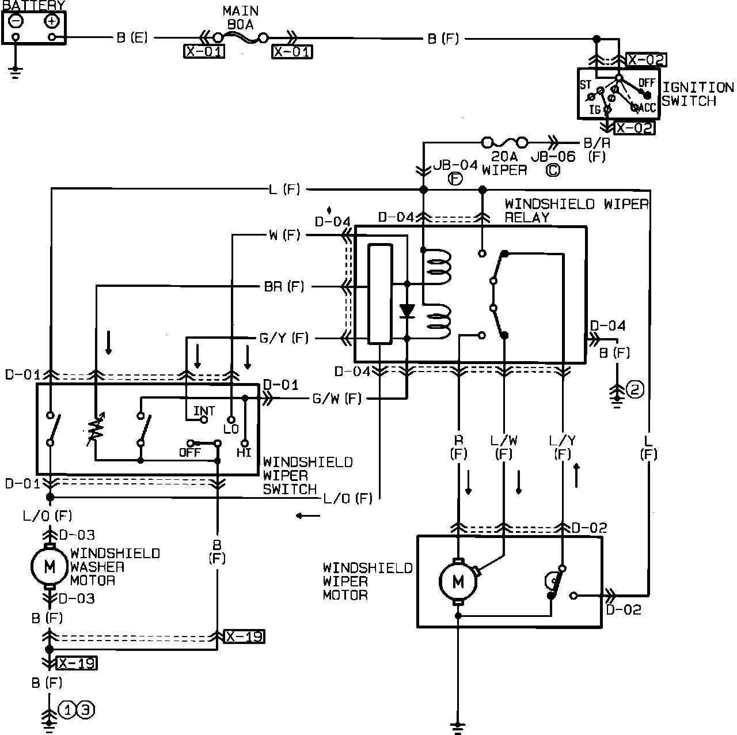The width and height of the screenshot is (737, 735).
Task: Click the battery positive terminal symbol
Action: point(52,21)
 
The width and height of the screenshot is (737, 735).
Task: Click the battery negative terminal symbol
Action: point(16,21)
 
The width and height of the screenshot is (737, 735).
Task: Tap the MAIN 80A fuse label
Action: point(240,18)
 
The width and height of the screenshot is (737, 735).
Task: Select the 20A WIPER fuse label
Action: point(504,163)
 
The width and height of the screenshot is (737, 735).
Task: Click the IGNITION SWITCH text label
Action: point(697,94)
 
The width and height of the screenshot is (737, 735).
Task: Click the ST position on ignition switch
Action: point(586,85)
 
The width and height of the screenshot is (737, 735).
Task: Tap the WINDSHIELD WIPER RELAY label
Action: point(576,210)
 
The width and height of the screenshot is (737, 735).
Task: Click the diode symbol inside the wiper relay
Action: point(408,311)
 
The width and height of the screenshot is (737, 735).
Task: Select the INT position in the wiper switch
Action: point(204,411)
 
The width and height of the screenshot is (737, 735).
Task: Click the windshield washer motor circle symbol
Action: point(50,567)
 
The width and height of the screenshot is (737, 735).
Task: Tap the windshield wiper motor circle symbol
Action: point(458,582)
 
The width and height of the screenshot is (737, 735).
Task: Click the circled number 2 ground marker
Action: point(635,390)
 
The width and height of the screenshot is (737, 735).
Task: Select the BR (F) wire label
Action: point(284,286)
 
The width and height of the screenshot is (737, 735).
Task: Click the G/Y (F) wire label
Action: point(283,338)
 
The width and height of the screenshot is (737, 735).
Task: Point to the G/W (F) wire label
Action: point(336,398)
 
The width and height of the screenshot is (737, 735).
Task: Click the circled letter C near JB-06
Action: point(552,170)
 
